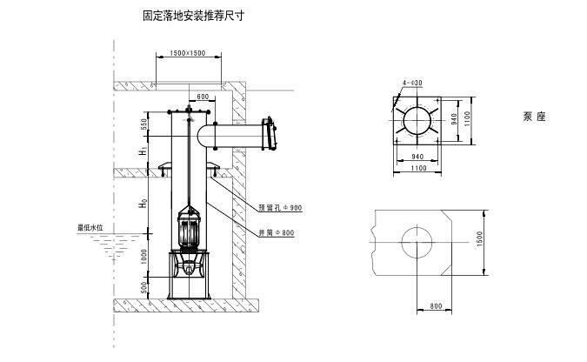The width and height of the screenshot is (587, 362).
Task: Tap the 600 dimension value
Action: [x=202, y=96]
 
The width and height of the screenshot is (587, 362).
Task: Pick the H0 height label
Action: [x=143, y=206]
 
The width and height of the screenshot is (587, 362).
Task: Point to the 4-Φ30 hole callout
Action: [x=412, y=83]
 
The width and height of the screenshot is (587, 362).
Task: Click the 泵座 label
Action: [x=535, y=116]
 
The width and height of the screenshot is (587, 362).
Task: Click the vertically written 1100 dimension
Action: [x=467, y=118]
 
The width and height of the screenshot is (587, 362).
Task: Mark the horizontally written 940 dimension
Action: [x=417, y=158]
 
